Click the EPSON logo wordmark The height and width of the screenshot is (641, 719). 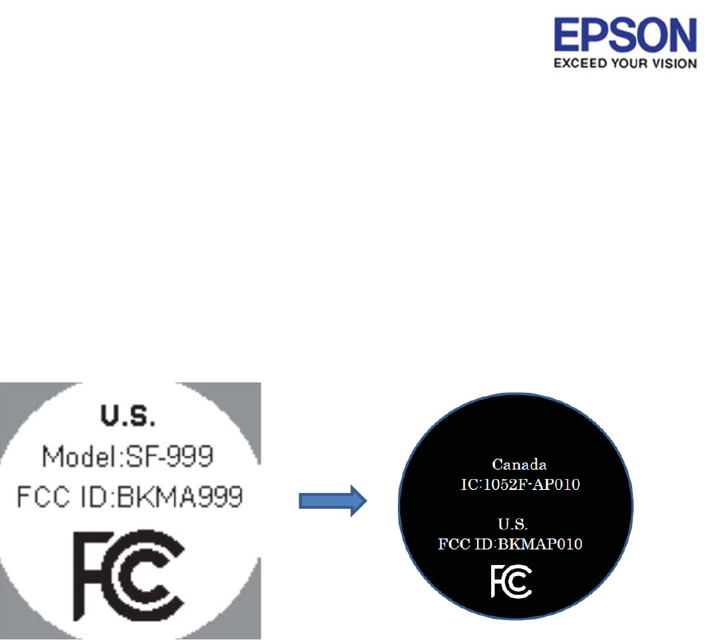coord(625,37)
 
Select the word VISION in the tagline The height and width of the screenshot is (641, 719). coord(674,63)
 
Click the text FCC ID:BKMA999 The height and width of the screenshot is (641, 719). coord(129,495)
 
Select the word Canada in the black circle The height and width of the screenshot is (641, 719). coord(518,465)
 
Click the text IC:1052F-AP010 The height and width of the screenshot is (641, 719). coord(520,484)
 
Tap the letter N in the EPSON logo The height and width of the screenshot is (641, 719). coord(682,37)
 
